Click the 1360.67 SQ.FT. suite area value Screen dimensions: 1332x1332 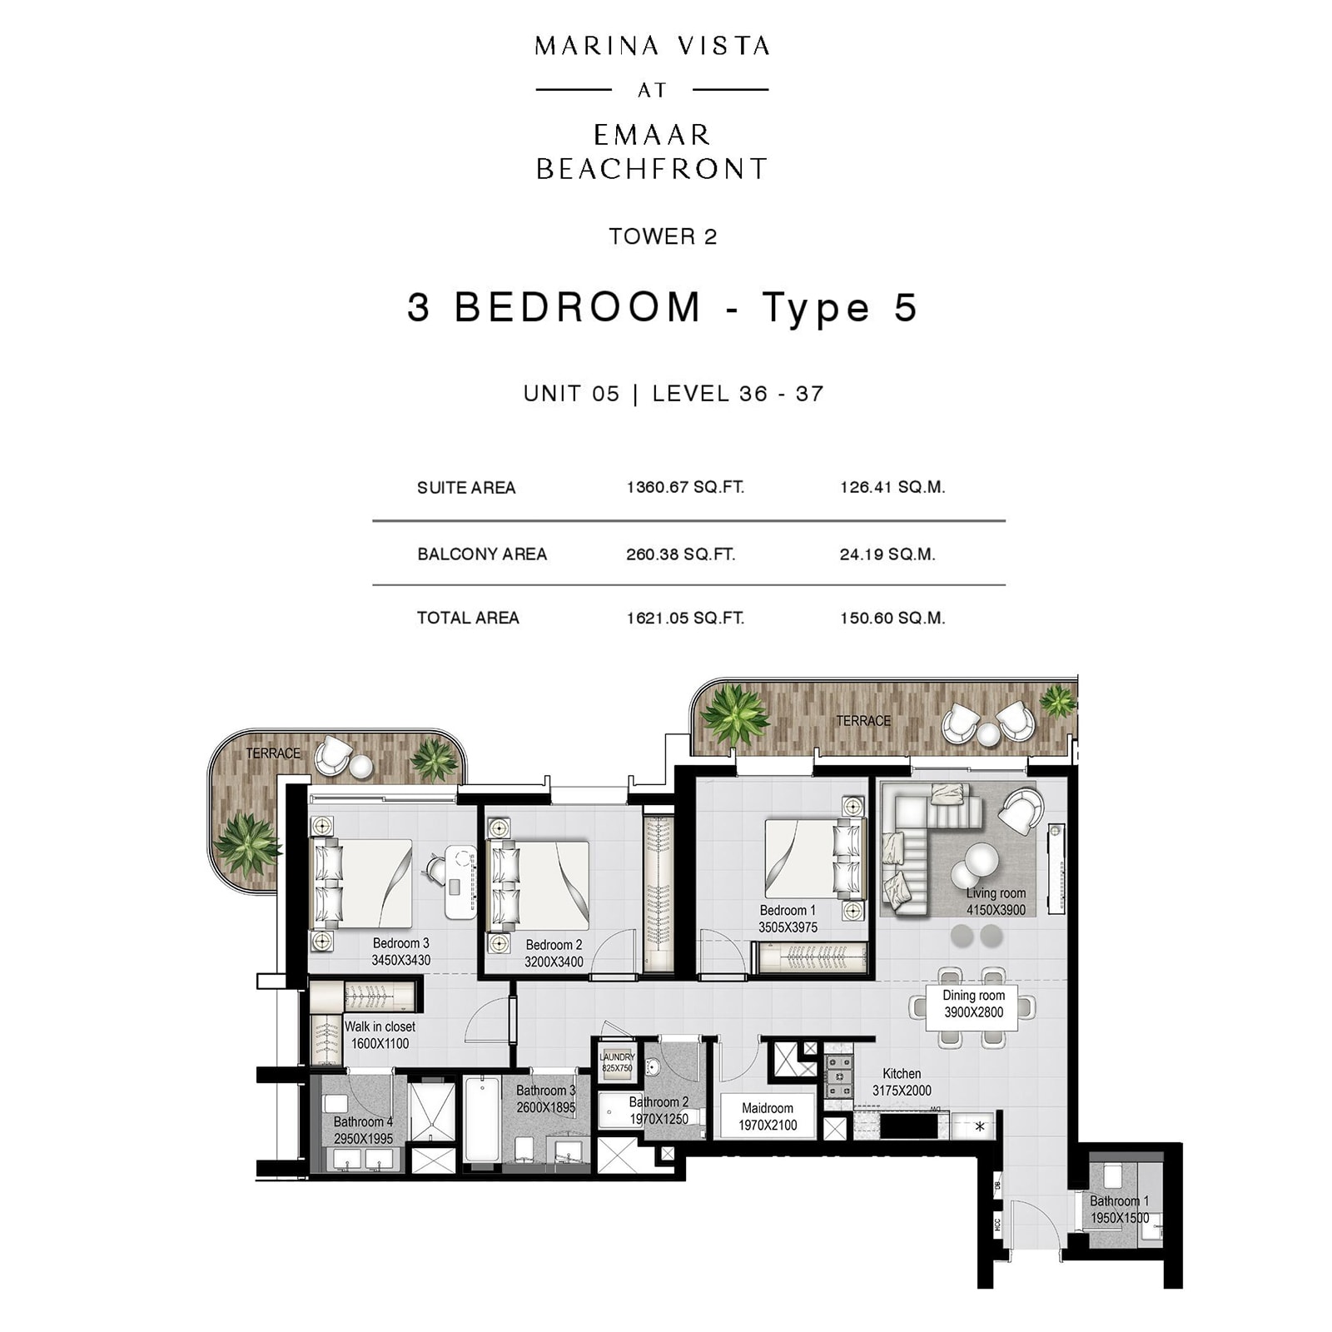tap(685, 487)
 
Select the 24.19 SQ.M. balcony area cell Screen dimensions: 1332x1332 tap(887, 554)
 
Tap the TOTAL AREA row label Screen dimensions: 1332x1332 tap(468, 618)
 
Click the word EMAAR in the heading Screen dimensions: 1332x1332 tap(652, 135)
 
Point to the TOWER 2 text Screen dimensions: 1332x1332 tap(663, 236)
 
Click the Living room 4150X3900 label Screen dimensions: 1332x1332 tap(996, 902)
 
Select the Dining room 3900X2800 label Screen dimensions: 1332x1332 tap(973, 1004)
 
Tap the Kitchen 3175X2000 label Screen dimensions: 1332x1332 tap(902, 1082)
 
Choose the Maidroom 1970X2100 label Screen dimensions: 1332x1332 tap(768, 1116)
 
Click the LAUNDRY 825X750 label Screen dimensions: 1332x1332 tap(617, 1061)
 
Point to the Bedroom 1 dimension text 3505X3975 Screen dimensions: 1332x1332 tap(788, 927)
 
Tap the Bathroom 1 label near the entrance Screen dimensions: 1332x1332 tap(1120, 1209)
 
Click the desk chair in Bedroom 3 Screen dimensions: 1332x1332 tap(437, 869)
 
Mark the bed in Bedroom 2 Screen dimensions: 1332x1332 tap(541, 886)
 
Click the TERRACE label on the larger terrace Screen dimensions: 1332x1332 tap(863, 721)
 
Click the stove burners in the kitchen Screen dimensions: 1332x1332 tap(838, 1076)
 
